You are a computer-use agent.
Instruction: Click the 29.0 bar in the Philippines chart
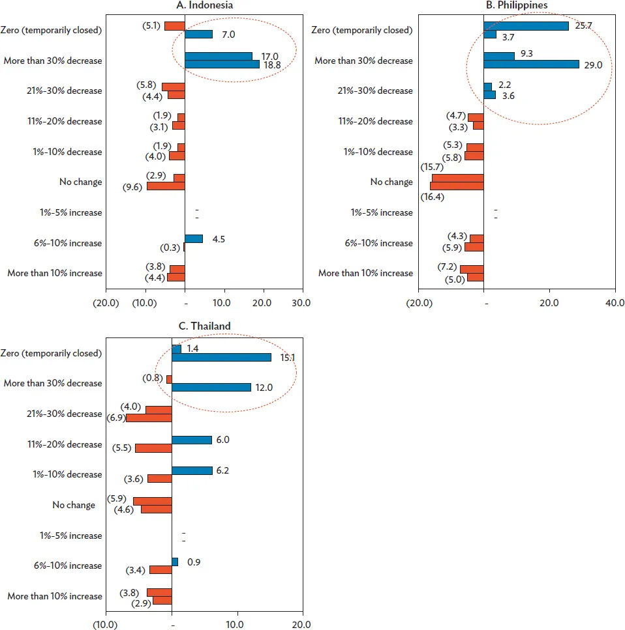click(531, 64)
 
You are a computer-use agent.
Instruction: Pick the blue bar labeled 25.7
click(526, 25)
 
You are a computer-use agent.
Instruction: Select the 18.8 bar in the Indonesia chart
click(222, 64)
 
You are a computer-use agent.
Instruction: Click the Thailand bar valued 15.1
click(221, 357)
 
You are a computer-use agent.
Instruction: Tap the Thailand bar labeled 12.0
click(211, 388)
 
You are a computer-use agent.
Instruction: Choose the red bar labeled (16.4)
click(457, 186)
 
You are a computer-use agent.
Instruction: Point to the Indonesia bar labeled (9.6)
click(166, 186)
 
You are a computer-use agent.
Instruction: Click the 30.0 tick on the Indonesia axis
click(301, 302)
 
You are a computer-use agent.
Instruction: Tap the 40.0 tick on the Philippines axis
click(615, 302)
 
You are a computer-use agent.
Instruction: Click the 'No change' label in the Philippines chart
click(391, 182)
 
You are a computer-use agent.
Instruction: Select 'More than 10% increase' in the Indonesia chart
click(55, 273)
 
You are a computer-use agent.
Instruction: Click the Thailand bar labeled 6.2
click(192, 470)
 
